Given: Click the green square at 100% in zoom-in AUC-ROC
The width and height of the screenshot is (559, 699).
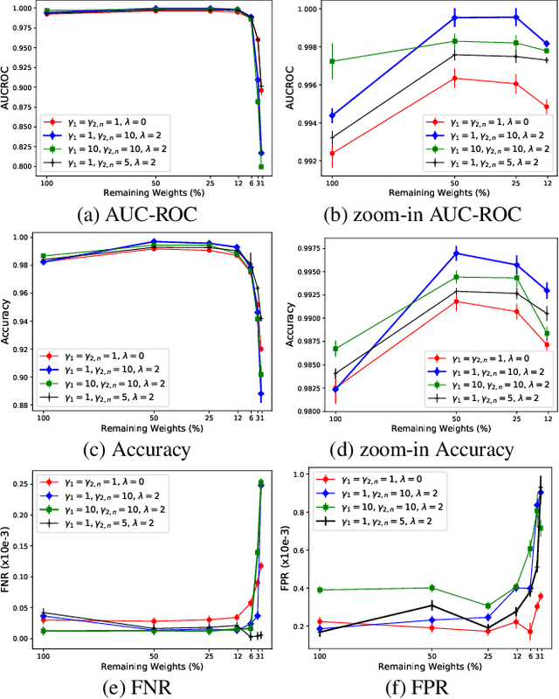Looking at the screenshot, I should (x=332, y=61).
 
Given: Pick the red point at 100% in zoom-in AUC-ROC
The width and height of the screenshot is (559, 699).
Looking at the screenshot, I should (x=332, y=153).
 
